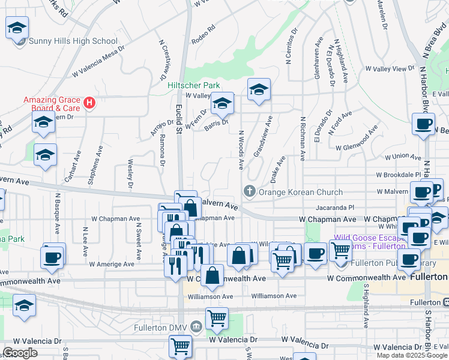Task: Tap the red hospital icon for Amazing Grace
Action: pyautogui.click(x=89, y=103)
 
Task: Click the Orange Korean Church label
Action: pyautogui.click(x=300, y=192)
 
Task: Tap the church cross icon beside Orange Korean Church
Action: pyautogui.click(x=250, y=192)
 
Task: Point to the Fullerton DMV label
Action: pyautogui.click(x=164, y=327)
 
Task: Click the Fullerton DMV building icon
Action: pyautogui.click(x=196, y=327)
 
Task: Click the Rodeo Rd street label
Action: pyautogui.click(x=203, y=35)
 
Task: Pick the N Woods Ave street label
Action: pyautogui.click(x=241, y=150)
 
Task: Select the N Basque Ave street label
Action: pyautogui.click(x=58, y=213)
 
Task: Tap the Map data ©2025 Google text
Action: pyautogui.click(x=412, y=355)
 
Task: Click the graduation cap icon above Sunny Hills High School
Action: pyautogui.click(x=17, y=28)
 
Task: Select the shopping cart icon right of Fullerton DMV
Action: pyautogui.click(x=217, y=318)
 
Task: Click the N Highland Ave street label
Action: pyautogui.click(x=342, y=62)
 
